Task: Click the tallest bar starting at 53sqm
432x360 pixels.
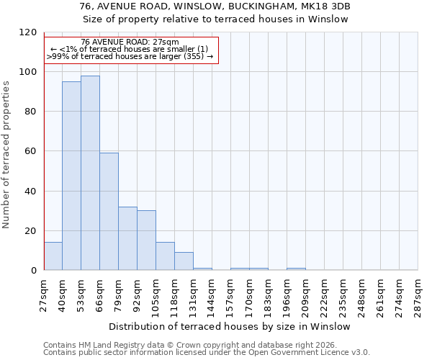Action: click(x=90, y=173)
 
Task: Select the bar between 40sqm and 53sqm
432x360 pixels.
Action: click(x=71, y=176)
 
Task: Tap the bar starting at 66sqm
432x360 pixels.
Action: click(x=109, y=212)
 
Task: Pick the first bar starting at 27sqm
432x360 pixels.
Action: click(x=53, y=256)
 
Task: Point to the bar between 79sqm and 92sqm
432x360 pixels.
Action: click(x=127, y=238)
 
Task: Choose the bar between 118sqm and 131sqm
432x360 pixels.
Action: click(x=184, y=261)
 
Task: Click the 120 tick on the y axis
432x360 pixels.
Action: click(x=29, y=32)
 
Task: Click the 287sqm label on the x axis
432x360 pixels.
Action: click(x=418, y=293)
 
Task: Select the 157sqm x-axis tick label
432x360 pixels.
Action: click(x=230, y=293)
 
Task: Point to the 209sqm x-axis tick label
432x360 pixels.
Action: click(x=305, y=293)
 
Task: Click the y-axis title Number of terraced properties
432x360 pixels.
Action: click(x=7, y=154)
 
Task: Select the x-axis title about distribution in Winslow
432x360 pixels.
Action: click(x=230, y=326)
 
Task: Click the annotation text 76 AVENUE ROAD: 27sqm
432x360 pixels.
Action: click(x=130, y=42)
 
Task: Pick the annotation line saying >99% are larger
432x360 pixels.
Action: click(x=130, y=56)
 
